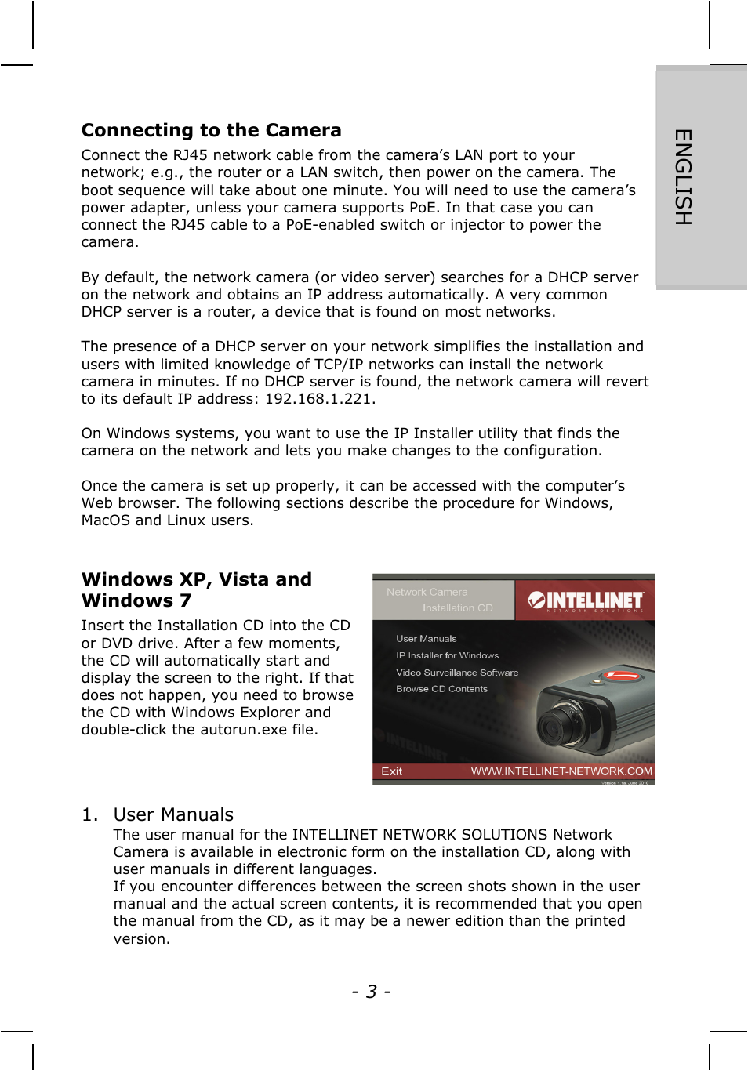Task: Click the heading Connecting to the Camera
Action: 211,130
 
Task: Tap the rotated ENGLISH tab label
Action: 683,177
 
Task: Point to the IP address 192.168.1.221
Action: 318,399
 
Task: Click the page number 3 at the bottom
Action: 371,992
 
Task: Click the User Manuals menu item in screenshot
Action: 426,639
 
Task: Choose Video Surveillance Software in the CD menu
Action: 456,673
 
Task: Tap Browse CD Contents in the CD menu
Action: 441,689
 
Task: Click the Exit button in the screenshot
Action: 391,771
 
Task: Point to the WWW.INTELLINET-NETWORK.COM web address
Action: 561,771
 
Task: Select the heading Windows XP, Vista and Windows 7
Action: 196,589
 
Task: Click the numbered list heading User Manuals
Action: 173,814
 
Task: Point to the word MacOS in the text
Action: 106,520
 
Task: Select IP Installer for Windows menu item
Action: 447,655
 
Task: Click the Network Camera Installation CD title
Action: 439,600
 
